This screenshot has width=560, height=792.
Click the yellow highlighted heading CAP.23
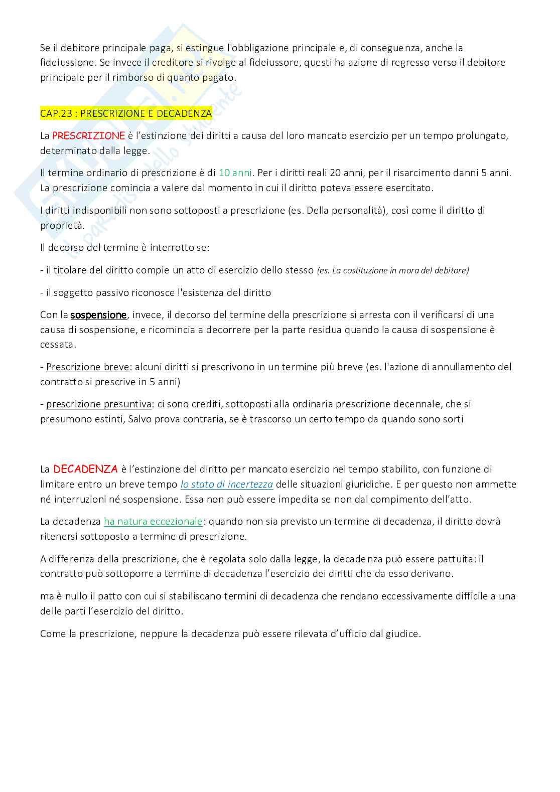(126, 114)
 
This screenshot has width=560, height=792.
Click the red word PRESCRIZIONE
(88, 136)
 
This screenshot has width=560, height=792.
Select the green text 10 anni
(235, 173)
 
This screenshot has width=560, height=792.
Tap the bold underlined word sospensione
(98, 315)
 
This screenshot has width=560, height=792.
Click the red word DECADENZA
(85, 469)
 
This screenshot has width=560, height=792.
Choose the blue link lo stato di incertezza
(227, 485)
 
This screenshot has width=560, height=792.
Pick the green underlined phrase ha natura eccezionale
(153, 522)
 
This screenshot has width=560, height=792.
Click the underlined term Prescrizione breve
(88, 367)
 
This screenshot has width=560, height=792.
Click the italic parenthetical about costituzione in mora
(393, 271)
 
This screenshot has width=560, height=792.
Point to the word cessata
(58, 345)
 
